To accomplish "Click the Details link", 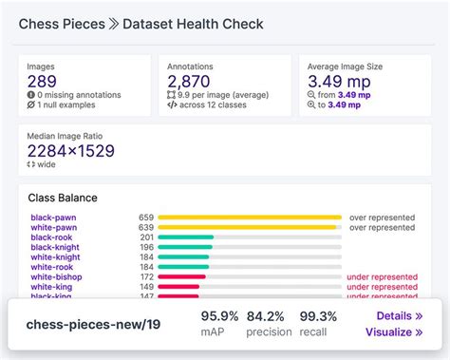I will click(399, 315).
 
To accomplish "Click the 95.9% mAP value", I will click(220, 315).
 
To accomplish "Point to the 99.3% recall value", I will click(318, 315).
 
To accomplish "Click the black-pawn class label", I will click(54, 218).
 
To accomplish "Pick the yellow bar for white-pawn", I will click(248, 228).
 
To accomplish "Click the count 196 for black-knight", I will click(146, 248).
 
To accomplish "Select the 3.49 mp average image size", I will click(338, 82).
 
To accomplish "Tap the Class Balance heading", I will click(64, 199).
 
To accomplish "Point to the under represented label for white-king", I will click(382, 287).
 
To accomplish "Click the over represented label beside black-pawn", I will click(382, 218).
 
